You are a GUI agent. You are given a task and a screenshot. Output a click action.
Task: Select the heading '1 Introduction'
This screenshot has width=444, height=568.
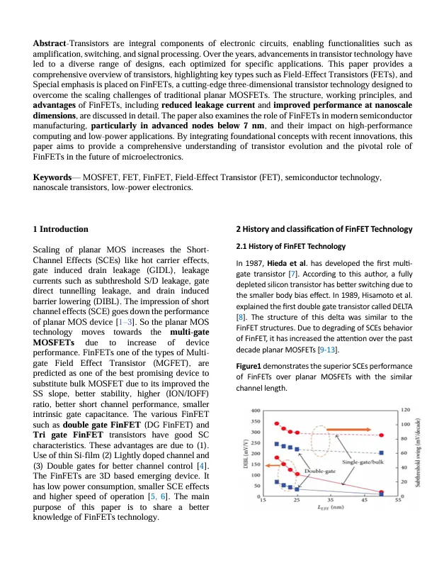[61, 229]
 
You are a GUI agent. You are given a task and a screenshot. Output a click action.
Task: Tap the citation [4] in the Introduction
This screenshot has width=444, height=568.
[203, 464]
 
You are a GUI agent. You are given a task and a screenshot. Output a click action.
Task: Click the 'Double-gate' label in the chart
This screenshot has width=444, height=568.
[320, 471]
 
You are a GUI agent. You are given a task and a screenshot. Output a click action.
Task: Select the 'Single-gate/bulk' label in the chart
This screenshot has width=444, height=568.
[364, 462]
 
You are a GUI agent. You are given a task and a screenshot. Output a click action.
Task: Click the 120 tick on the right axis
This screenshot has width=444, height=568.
[406, 411]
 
